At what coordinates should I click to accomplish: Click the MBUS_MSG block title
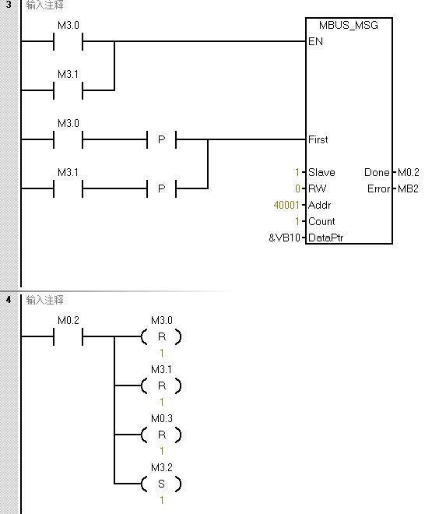pos(349,26)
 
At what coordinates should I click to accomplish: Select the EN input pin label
pos(315,42)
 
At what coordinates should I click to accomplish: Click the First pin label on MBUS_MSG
pos(318,140)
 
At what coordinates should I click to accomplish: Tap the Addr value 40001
pos(282,206)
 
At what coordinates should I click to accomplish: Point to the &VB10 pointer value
pos(283,238)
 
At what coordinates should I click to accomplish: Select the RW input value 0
pos(297,189)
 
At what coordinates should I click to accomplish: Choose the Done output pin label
pos(377,173)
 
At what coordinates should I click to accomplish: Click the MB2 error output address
pos(409,189)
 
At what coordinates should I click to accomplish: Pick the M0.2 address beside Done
pos(409,173)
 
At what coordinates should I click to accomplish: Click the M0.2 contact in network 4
pos(68,337)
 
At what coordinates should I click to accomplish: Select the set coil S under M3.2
pos(161,484)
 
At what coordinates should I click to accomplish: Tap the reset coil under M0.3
pos(161,435)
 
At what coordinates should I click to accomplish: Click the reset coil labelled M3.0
pos(161,337)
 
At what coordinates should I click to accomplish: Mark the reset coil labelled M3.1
pos(161,386)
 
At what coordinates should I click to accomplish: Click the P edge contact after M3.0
pos(162,140)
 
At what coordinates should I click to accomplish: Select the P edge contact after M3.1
pos(162,188)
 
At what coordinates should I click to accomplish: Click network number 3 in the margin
pos(9,5)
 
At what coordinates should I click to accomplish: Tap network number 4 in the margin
pos(9,300)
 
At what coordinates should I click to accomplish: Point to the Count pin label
pos(321,222)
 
